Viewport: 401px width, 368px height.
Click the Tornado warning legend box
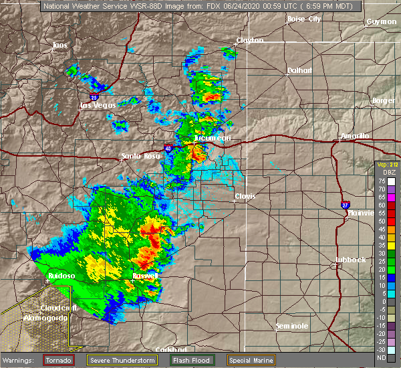(59, 360)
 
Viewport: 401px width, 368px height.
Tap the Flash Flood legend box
(194, 360)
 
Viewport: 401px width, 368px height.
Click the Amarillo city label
(354, 136)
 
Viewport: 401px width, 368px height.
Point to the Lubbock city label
(351, 259)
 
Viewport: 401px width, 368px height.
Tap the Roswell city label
(145, 276)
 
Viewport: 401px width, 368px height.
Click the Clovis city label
(245, 196)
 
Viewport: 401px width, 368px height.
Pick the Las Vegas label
(98, 105)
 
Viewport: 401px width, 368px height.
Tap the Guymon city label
(382, 22)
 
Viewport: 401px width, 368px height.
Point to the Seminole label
(291, 326)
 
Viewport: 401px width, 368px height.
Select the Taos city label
(61, 45)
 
